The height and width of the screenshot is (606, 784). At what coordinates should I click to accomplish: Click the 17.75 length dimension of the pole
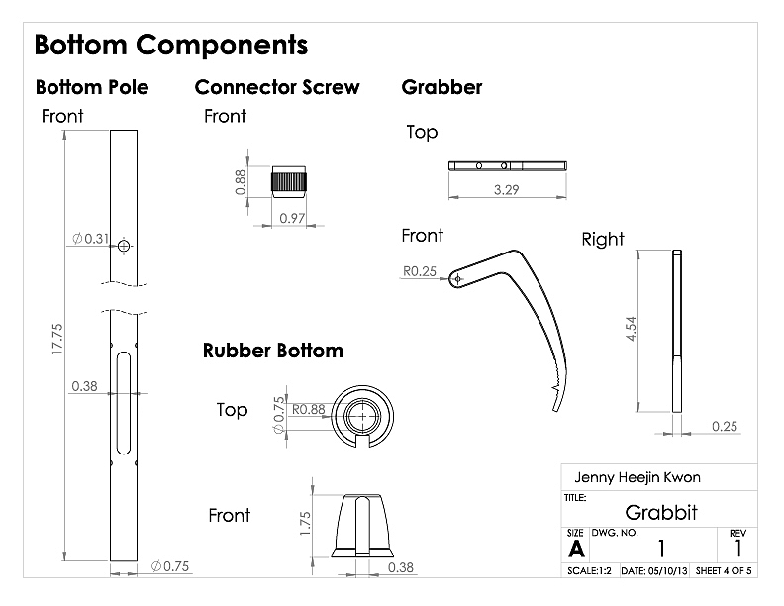[57, 339]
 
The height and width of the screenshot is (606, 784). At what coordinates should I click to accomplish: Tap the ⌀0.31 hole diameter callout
[90, 239]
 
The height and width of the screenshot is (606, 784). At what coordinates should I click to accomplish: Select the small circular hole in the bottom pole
[124, 246]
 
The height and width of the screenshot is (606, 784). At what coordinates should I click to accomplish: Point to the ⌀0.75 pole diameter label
[170, 566]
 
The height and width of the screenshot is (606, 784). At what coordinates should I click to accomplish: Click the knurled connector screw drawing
[289, 181]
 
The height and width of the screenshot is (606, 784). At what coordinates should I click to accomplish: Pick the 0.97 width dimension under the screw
[292, 218]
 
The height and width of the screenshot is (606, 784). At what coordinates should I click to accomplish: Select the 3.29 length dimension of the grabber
[507, 190]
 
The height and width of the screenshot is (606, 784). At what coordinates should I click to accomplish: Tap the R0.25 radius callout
[420, 271]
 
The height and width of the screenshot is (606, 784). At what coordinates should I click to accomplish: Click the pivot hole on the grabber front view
[457, 279]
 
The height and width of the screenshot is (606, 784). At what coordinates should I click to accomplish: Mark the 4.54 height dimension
[631, 329]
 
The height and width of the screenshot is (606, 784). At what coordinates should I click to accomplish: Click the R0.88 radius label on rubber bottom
[309, 410]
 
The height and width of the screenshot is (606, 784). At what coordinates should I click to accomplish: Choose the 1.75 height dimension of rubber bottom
[305, 523]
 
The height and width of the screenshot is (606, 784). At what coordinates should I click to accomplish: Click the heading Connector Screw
[277, 87]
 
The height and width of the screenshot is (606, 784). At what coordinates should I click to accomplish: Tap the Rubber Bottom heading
[273, 351]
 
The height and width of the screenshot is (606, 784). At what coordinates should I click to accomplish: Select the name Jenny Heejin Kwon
[637, 477]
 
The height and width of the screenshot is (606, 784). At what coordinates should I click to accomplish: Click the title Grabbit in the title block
[661, 513]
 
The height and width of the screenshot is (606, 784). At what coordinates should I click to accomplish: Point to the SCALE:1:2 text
[590, 571]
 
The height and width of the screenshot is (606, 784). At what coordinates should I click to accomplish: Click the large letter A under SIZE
[576, 549]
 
